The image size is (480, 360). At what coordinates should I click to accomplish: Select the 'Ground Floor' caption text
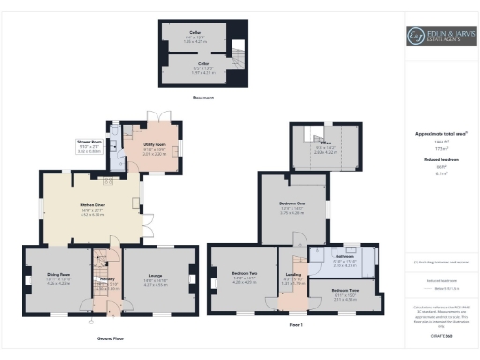111,337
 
